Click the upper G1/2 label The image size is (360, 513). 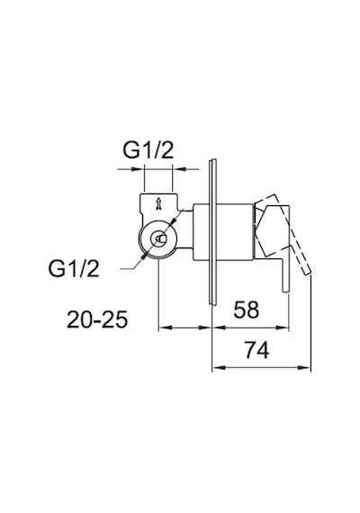coord(148,150)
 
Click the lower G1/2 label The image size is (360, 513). coord(74,268)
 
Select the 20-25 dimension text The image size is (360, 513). coord(97,319)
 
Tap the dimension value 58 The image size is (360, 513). coord(246,310)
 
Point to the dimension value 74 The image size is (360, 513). coord(257,350)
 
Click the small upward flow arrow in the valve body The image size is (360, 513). coord(158,203)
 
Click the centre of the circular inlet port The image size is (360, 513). coord(158,239)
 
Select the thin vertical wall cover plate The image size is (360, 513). coord(213,232)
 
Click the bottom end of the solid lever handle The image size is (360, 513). coord(285,292)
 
